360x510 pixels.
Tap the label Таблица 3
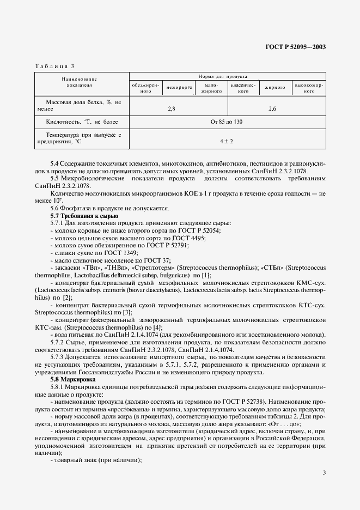coord(54,66)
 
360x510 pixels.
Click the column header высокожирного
coord(309,89)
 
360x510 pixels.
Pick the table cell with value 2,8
coord(172,109)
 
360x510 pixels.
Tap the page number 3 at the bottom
coord(324,473)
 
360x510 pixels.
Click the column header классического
coord(242,89)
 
